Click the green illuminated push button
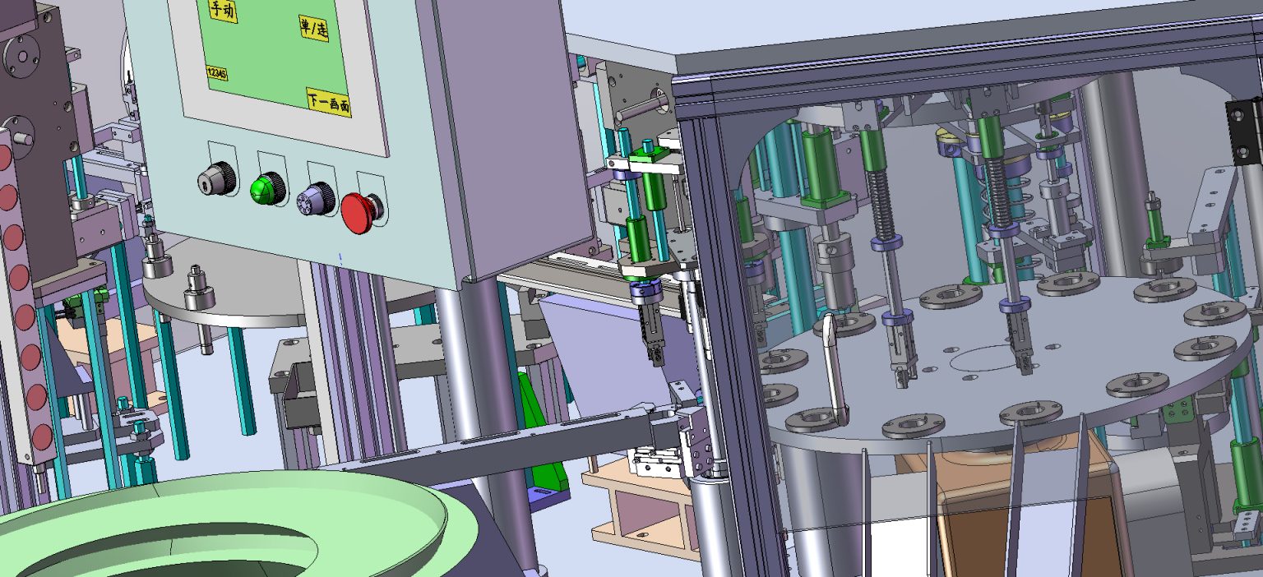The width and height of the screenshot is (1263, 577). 267,188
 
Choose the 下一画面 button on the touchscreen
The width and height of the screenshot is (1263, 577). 328,102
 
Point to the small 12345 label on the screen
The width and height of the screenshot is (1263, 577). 217,73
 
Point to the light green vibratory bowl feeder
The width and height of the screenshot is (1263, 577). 230,526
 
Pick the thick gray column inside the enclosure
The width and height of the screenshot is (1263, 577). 1110,164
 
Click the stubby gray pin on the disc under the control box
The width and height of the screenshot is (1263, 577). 198,288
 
